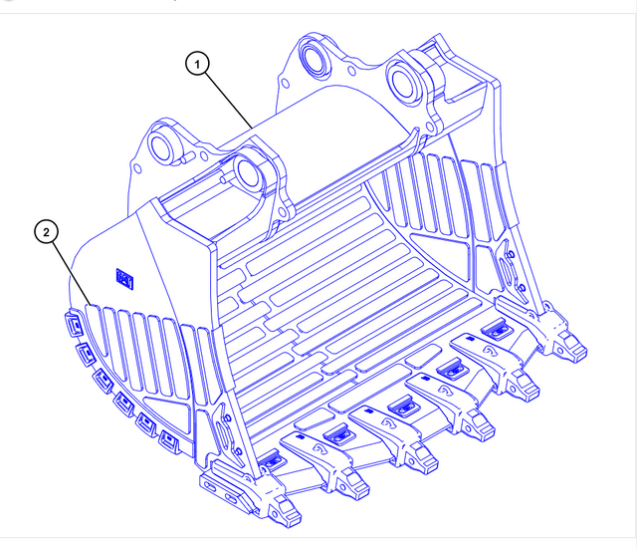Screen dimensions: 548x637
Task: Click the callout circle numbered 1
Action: tap(199, 64)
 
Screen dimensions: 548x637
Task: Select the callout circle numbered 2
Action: tap(45, 233)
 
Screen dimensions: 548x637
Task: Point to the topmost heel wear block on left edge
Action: tap(72, 321)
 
